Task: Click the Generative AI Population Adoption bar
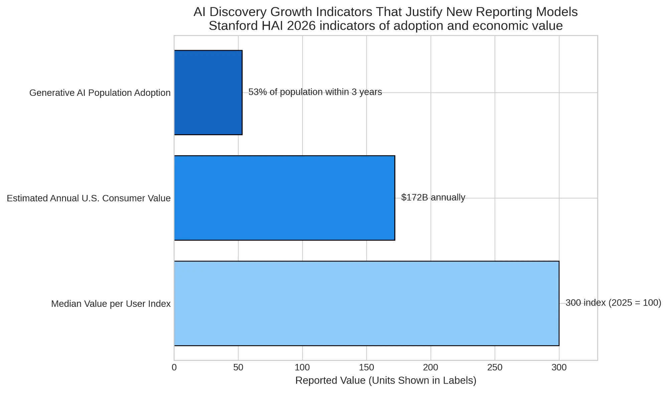208,92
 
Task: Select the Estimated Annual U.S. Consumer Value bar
284,198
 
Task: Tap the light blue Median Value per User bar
366,303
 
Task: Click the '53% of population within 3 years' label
315,92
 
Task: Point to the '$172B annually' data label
433,197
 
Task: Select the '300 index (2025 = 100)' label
613,303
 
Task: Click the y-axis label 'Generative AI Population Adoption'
100,92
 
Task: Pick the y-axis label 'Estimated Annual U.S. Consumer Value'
89,198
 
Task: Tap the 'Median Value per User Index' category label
111,304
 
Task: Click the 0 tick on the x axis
174,367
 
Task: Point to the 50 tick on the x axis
238,367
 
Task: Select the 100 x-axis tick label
302,367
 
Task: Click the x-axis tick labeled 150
366,367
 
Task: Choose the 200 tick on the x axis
430,367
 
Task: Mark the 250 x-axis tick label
495,367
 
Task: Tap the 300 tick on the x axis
559,367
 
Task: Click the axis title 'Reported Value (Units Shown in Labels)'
386,380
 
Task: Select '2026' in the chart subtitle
301,26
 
